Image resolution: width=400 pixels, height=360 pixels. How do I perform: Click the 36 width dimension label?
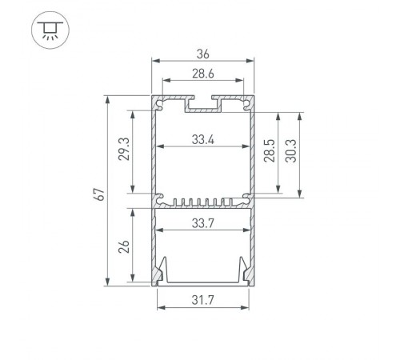pyautogui.click(x=203, y=54)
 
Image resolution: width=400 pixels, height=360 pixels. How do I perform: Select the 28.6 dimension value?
pyautogui.click(x=203, y=74)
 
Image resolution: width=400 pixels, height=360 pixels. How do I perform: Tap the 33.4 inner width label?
pyautogui.click(x=203, y=139)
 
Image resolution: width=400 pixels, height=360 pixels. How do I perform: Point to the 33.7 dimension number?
pyautogui.click(x=203, y=223)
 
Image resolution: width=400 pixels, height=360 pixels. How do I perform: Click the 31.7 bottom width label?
pyautogui.click(x=203, y=300)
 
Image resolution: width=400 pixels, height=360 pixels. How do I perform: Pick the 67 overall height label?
pyautogui.click(x=99, y=194)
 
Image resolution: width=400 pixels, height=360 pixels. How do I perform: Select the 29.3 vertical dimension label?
pyautogui.click(x=124, y=149)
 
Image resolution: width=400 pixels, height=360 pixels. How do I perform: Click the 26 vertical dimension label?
pyautogui.click(x=124, y=246)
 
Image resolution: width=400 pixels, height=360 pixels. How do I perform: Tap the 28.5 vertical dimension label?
pyautogui.click(x=270, y=150)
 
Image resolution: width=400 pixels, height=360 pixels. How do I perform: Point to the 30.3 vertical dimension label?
pyautogui.click(x=290, y=150)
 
